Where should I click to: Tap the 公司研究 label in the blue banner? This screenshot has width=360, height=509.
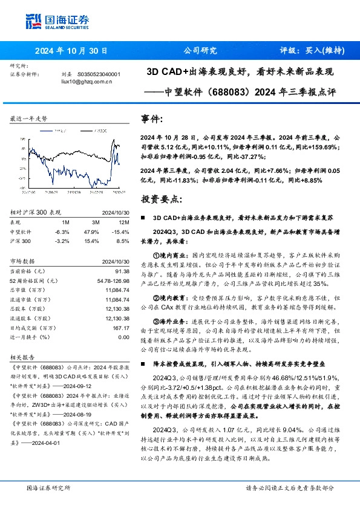[199, 51]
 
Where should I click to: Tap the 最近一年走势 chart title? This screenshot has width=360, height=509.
[29, 119]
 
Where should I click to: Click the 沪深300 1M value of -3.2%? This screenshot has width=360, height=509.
[62, 241]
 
